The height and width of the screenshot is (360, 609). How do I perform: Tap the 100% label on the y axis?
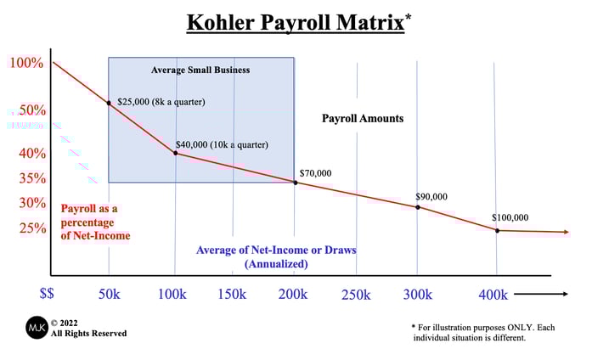point(27,63)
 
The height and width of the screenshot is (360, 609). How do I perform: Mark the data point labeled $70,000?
point(295,183)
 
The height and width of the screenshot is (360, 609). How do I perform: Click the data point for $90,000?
point(417,207)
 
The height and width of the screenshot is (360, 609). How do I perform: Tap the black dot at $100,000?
point(497,230)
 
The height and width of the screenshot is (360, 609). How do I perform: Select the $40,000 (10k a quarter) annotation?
point(221,145)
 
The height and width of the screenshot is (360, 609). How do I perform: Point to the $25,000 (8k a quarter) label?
point(161,102)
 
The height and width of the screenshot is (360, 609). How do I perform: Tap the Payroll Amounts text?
point(362,119)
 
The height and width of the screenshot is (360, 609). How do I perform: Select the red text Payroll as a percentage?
point(89,209)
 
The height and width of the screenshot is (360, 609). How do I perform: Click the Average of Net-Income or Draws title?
point(275,250)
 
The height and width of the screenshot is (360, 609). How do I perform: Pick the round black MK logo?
point(37,327)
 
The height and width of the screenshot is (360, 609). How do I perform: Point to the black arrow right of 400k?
point(541,295)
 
